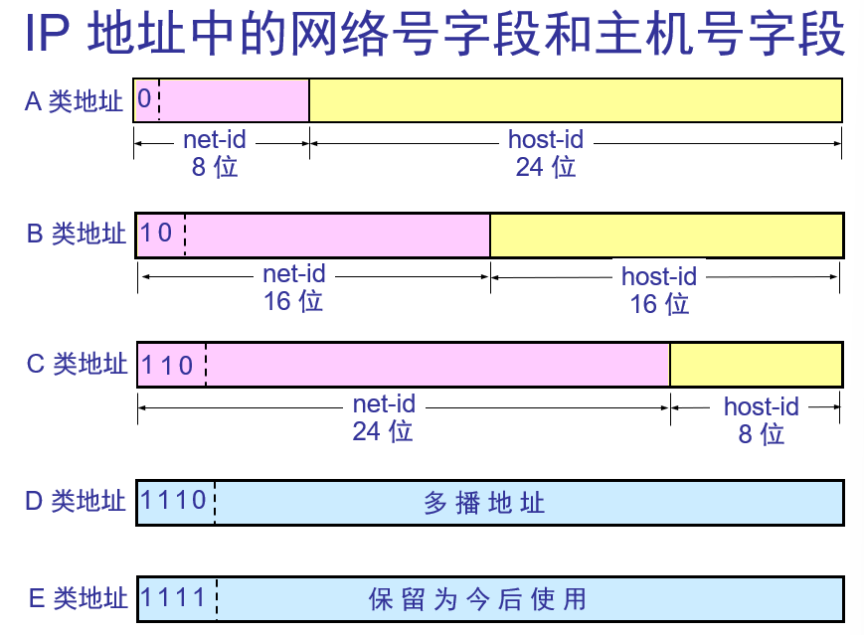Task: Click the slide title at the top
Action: click(434, 37)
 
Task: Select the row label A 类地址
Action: click(75, 101)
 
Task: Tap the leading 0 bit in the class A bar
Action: click(145, 99)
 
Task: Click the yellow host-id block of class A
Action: click(576, 100)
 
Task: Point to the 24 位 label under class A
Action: click(546, 166)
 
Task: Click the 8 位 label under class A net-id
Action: click(216, 166)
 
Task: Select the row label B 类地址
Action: click(77, 235)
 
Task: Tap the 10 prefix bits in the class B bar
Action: click(157, 234)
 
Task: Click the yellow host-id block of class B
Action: click(666, 235)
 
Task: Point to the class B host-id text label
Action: click(659, 276)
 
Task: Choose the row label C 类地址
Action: click(78, 364)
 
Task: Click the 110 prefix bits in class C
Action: click(167, 365)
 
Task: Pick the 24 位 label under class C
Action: click(383, 431)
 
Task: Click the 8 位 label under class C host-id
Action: click(762, 433)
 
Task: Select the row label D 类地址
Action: click(77, 500)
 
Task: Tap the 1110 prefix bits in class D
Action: click(174, 499)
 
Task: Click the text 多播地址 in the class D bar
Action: click(484, 503)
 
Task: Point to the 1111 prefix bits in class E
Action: click(174, 597)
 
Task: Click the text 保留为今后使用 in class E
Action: click(477, 599)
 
